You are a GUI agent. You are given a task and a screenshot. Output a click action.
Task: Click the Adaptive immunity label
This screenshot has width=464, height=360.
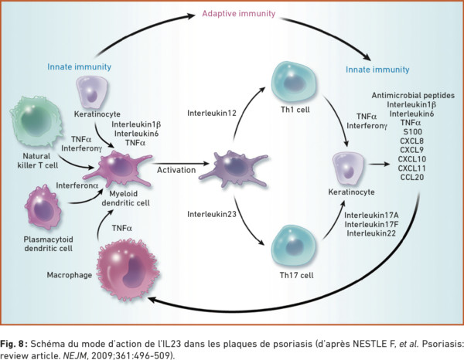click(238, 14)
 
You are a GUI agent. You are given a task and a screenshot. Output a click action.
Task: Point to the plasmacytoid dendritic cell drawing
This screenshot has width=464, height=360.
click(43, 208)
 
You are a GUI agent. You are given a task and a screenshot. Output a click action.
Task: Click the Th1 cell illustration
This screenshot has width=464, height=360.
click(294, 82)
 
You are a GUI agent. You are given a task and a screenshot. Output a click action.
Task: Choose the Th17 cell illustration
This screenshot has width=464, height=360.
click(294, 246)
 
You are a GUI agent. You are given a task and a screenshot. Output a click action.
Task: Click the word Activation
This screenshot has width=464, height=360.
click(176, 170)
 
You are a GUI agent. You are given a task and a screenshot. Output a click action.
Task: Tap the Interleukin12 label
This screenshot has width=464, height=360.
click(212, 114)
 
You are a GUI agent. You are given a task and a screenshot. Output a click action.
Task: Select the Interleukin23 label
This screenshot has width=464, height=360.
click(212, 214)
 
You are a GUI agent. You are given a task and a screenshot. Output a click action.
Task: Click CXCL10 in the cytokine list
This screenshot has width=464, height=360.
click(412, 159)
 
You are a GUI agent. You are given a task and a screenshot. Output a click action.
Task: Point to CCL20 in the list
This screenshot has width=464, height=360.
click(412, 178)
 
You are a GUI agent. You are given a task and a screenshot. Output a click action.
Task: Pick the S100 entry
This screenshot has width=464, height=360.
click(412, 131)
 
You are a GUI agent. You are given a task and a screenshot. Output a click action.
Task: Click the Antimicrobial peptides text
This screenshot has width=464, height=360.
click(413, 96)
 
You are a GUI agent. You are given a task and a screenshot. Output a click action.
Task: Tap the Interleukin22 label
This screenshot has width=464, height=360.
click(371, 233)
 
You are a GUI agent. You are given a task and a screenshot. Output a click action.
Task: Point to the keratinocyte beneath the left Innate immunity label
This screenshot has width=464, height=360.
click(92, 92)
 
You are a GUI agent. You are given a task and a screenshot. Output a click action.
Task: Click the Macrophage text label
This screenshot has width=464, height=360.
click(70, 275)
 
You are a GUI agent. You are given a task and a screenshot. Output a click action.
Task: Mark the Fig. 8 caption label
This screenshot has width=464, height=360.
click(14, 344)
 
